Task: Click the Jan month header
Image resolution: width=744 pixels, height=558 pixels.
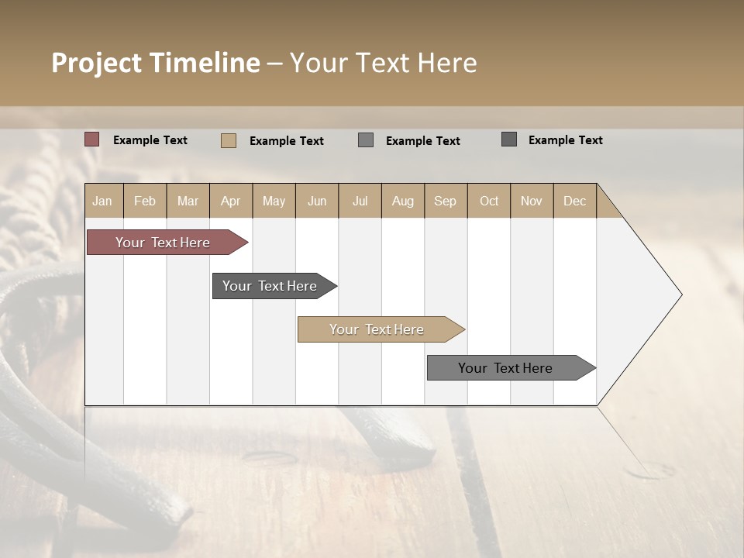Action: [x=103, y=201]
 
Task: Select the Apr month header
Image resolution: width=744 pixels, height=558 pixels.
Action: [x=230, y=201]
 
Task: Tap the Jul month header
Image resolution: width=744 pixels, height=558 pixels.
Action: [x=360, y=201]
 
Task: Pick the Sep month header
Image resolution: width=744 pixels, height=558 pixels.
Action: [x=445, y=201]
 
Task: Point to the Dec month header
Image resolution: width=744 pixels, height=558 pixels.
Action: [x=574, y=201]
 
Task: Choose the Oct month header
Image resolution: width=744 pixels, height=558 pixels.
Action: [x=489, y=201]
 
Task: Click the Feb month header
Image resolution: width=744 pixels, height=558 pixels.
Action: [x=145, y=201]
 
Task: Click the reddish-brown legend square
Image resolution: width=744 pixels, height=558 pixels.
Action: [x=92, y=139]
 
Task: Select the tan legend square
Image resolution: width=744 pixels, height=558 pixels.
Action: [x=229, y=140]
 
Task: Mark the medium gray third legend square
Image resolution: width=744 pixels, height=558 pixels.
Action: [x=366, y=139]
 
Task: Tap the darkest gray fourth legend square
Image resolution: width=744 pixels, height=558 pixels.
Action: [x=509, y=139]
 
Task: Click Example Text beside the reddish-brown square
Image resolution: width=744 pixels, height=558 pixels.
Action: [x=150, y=140]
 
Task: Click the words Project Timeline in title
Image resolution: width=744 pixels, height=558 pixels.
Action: [x=156, y=63]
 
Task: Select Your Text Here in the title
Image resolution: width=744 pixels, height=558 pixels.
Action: [x=384, y=63]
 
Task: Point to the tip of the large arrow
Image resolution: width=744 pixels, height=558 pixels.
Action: [x=680, y=294]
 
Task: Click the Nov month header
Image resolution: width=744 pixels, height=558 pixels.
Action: [x=532, y=201]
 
